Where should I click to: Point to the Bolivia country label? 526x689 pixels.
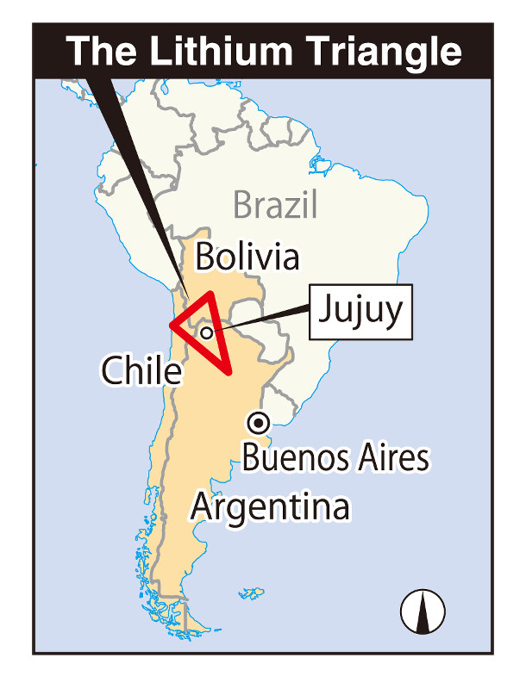(247, 257)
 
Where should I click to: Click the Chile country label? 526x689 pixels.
(141, 370)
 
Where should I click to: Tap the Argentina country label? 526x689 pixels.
(270, 506)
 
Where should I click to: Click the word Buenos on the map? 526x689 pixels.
(292, 458)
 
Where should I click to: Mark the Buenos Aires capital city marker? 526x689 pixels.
(258, 422)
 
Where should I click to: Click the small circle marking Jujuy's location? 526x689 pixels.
(206, 332)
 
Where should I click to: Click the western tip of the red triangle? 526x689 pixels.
(172, 326)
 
